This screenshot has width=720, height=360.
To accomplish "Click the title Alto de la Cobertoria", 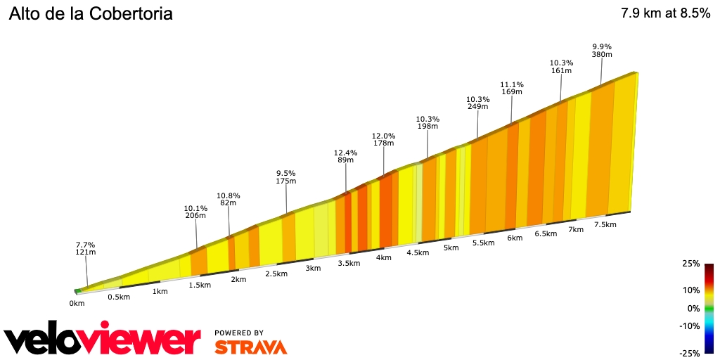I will (x=91, y=14).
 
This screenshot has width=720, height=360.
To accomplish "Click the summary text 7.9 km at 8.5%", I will (x=665, y=13).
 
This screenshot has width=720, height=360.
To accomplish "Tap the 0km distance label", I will (x=77, y=304).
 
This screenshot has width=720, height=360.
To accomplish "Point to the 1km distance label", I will (x=160, y=291).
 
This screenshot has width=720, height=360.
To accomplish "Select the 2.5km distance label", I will (x=275, y=274).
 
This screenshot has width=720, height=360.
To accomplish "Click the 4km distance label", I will (x=383, y=257).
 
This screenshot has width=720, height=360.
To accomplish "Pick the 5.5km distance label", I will (x=484, y=243).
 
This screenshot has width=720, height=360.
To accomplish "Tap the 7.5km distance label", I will (x=605, y=224).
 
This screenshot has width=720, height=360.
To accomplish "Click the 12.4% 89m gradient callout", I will (x=345, y=156).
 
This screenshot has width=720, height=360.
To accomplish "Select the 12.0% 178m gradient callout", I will (x=383, y=139).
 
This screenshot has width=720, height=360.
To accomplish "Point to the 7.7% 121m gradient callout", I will (x=86, y=247).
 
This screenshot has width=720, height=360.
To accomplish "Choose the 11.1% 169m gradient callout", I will (x=511, y=88).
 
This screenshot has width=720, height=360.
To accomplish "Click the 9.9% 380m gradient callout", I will (x=602, y=51).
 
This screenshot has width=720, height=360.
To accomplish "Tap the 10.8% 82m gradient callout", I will (x=229, y=199).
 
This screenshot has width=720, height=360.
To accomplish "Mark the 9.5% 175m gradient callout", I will (x=285, y=177).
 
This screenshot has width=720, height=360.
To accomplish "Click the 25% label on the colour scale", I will (x=690, y=264).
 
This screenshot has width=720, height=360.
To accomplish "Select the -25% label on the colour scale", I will (x=689, y=353).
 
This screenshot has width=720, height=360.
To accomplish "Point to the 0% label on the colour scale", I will (x=693, y=308).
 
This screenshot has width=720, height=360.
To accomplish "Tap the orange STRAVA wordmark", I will (x=250, y=347).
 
